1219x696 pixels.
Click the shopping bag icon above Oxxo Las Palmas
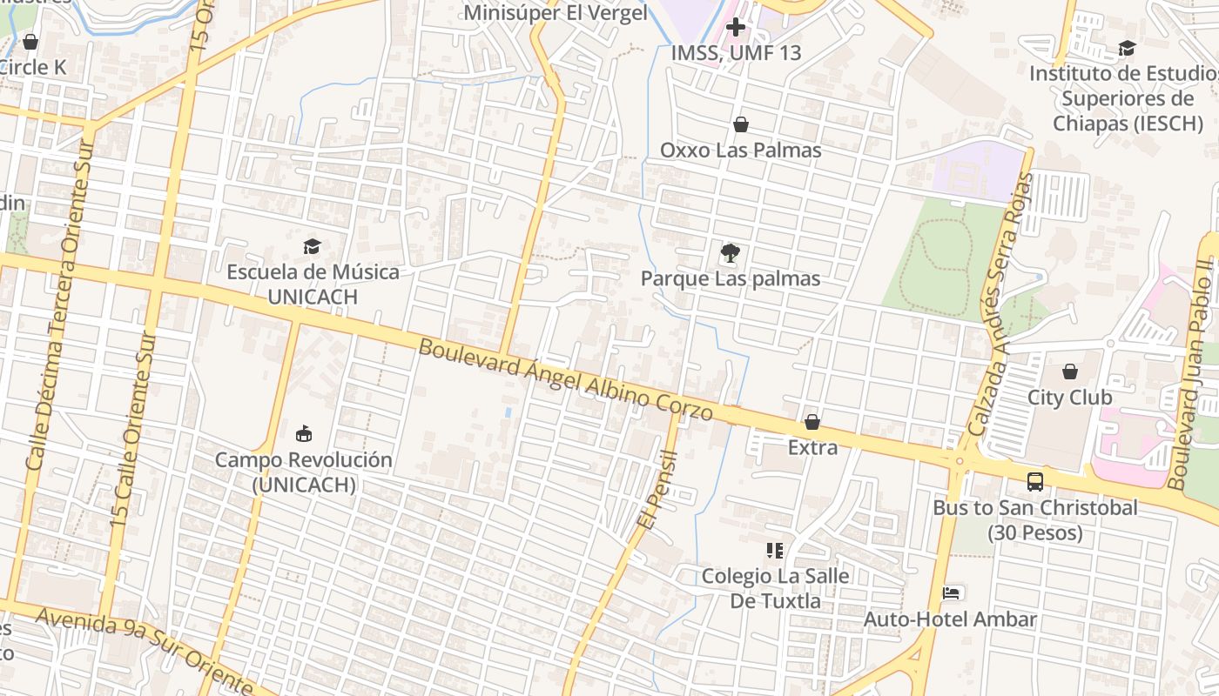click(740, 124)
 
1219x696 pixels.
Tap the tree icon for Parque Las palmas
click(730, 253)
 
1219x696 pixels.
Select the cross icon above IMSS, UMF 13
click(736, 27)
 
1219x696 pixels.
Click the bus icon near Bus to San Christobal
click(1034, 481)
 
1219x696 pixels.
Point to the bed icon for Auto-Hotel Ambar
click(951, 593)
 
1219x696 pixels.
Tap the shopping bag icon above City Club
click(1069, 371)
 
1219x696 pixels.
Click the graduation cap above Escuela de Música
click(312, 246)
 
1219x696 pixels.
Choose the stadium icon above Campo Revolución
click(303, 433)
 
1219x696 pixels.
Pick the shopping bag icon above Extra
click(812, 422)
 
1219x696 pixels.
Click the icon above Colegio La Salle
click(774, 550)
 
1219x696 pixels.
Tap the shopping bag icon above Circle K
click(30, 41)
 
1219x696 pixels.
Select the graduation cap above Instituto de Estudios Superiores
click(1127, 48)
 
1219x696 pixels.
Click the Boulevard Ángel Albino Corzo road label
click(566, 379)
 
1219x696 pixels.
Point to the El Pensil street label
click(658, 490)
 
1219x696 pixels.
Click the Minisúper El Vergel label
click(556, 13)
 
